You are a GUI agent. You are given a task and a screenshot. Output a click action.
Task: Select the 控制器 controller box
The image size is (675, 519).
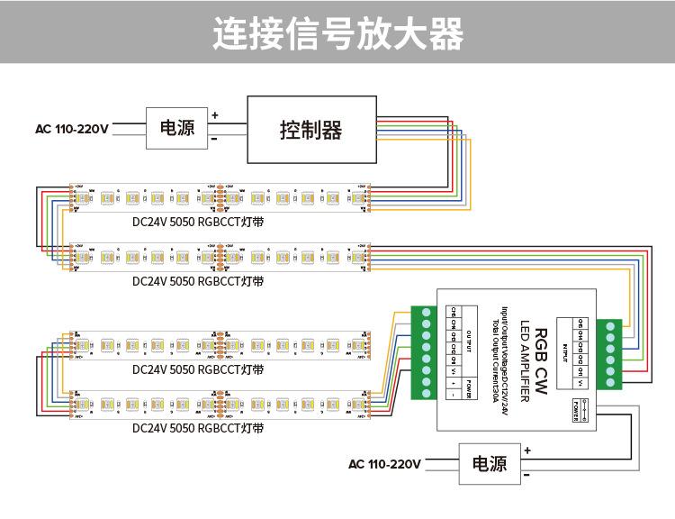pos(311,131)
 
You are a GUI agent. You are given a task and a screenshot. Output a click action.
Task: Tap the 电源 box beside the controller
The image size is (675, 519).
pos(177,129)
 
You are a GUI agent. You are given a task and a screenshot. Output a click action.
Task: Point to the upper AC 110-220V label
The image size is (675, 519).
pos(72,129)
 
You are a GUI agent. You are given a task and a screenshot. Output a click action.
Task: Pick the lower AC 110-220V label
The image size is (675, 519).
pos(384,465)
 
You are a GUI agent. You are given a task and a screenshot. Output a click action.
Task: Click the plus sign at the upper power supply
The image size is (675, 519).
pos(215,115)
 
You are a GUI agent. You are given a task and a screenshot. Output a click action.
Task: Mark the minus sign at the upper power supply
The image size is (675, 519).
pos(214,140)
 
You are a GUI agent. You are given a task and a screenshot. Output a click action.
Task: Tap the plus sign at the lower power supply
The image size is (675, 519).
pos(527,450)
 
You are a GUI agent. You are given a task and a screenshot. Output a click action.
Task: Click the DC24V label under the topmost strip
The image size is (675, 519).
pos(198,221)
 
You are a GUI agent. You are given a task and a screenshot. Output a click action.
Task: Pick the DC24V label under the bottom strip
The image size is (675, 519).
pos(198,428)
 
